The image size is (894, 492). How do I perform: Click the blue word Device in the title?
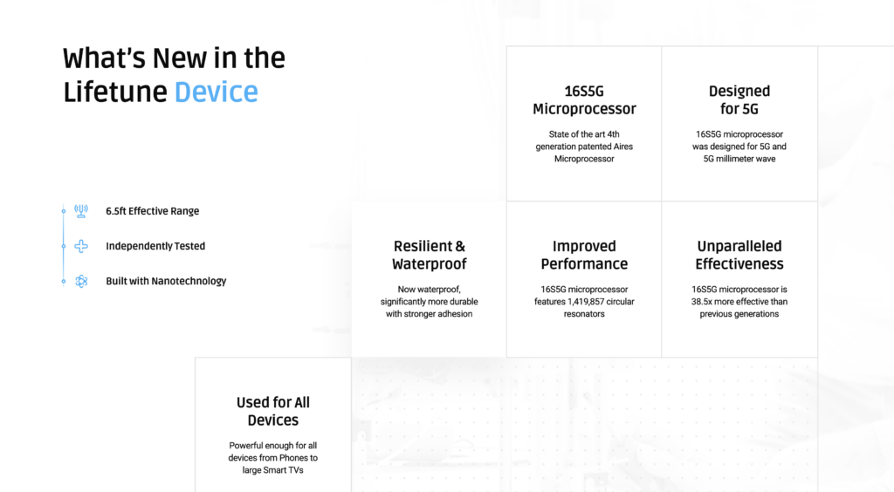(x=217, y=92)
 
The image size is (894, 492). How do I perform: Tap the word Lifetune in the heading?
(x=115, y=92)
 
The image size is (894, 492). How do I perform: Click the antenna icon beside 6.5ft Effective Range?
(x=81, y=211)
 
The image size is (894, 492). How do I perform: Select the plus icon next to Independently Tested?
(x=81, y=246)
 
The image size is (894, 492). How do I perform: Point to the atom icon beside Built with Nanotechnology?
(x=81, y=281)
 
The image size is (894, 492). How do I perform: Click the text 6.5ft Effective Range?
(x=152, y=211)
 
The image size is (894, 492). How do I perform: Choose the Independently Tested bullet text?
(x=155, y=246)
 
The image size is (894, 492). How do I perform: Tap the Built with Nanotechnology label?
(x=166, y=281)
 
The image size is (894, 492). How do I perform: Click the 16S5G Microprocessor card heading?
(x=584, y=100)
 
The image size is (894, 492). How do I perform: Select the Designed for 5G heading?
(x=739, y=100)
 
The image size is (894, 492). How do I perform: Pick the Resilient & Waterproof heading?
(x=429, y=255)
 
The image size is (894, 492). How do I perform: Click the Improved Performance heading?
(x=584, y=255)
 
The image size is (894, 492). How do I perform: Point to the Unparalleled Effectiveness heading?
(x=739, y=255)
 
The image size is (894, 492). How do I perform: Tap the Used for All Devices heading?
(x=273, y=411)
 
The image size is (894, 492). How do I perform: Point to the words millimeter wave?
(x=749, y=159)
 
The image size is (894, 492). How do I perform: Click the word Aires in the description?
(x=622, y=147)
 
